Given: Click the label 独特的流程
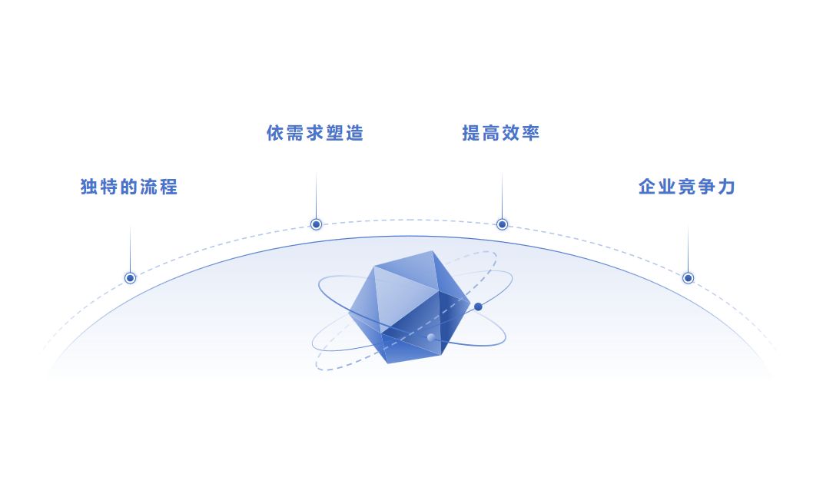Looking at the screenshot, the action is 129,187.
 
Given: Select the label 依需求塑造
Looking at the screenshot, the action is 315,133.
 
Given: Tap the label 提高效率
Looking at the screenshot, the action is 501,133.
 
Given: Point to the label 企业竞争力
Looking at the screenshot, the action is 687,187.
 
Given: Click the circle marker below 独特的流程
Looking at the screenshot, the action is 130,278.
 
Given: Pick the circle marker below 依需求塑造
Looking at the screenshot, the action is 316,224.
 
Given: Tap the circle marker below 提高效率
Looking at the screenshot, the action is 502,224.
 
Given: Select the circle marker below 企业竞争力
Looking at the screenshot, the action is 688,278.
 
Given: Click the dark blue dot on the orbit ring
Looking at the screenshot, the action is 478,307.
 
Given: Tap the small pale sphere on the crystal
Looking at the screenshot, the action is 431,336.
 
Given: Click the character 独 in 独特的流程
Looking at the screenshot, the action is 90,187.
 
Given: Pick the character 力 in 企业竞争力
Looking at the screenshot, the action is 726,187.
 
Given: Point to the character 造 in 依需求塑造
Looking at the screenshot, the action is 354,133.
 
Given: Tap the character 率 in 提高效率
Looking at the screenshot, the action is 531,133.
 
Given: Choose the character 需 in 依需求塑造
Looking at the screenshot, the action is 295,133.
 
